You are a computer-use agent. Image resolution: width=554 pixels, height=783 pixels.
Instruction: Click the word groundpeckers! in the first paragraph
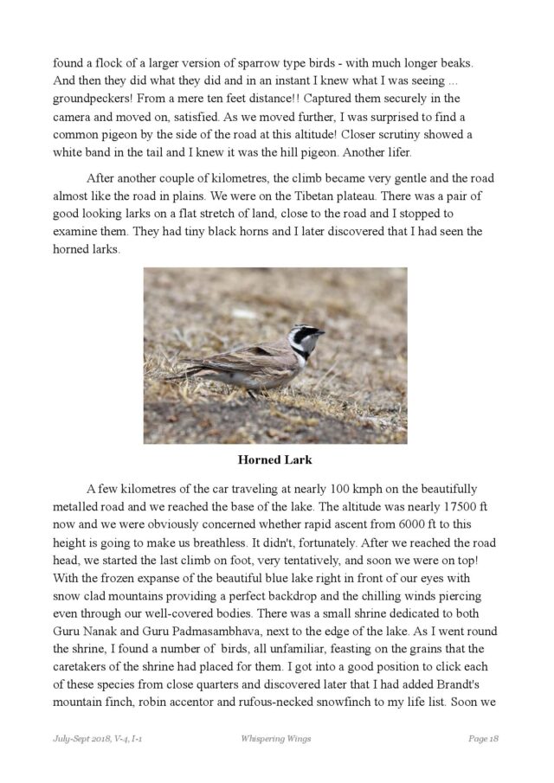tap(91, 99)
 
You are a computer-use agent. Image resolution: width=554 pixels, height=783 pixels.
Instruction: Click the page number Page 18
tap(483, 738)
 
